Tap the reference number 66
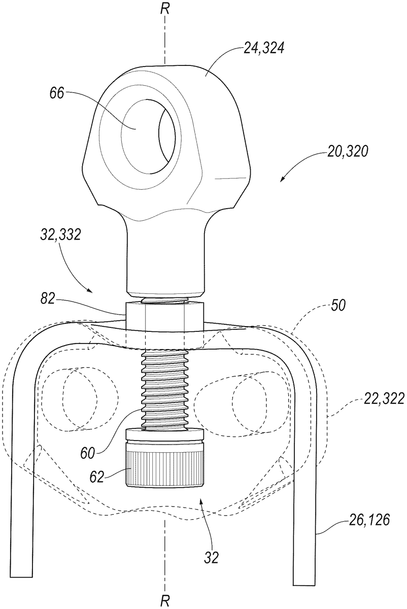pos(57,93)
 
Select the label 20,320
pos(348,153)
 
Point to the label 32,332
pos(60,234)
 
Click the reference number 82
pos(48,299)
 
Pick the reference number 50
pos(338,306)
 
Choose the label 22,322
pos(383,399)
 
